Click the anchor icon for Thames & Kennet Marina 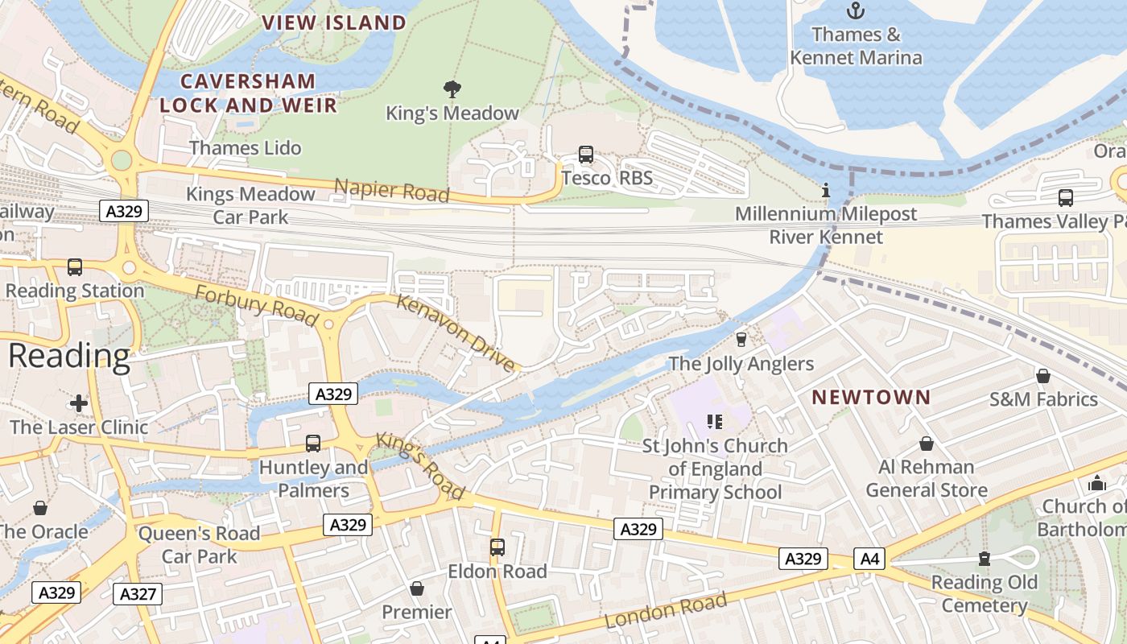click(856, 10)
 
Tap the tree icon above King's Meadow click(452, 89)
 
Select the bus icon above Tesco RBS click(586, 155)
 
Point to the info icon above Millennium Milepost click(826, 191)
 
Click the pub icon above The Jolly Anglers click(741, 340)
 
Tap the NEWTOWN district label click(871, 397)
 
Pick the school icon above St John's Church click(714, 421)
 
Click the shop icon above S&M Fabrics click(1043, 375)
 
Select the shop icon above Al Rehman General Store click(927, 444)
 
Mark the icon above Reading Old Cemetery click(984, 559)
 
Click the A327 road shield click(138, 594)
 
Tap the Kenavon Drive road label click(456, 333)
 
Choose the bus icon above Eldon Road click(497, 547)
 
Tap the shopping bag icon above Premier click(417, 588)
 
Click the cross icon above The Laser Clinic click(79, 402)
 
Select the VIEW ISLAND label click(334, 23)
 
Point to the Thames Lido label click(246, 148)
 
